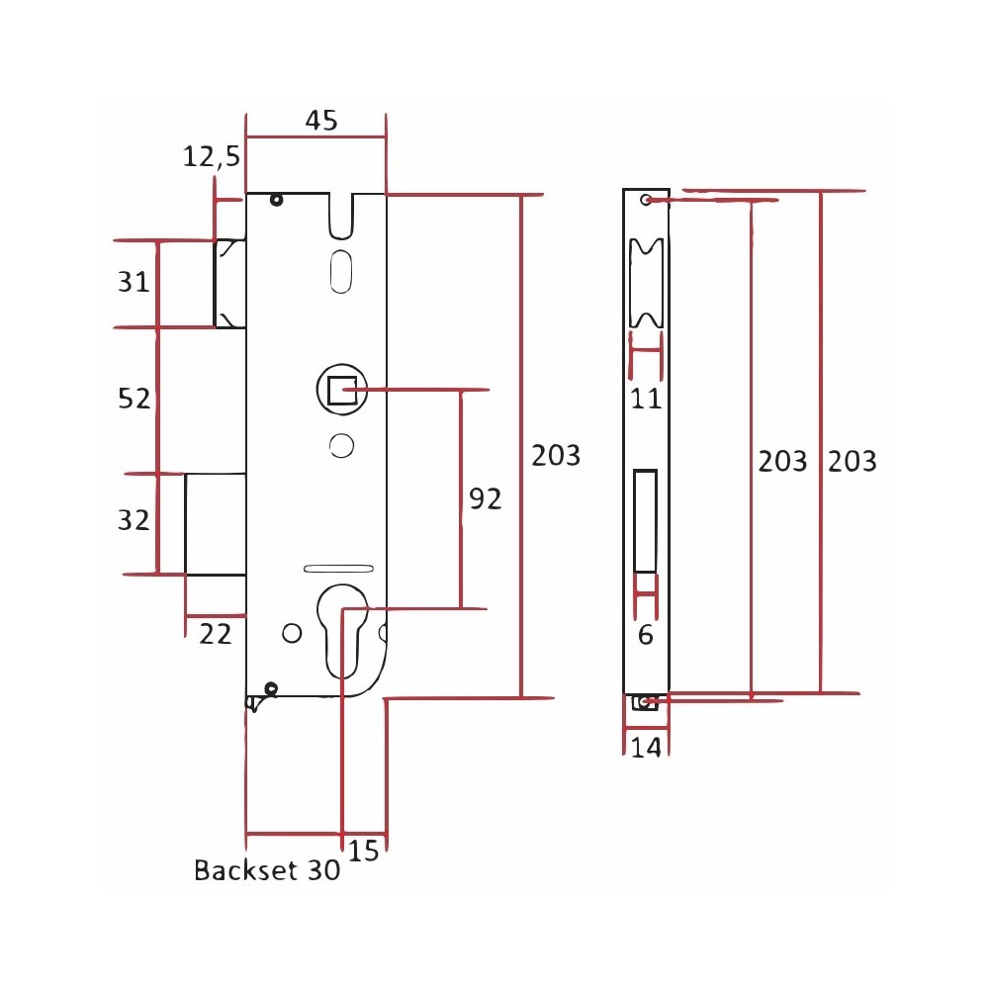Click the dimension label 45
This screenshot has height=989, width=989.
tap(321, 120)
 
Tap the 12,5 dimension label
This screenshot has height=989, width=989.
tap(212, 156)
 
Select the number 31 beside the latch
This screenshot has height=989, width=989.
tap(134, 281)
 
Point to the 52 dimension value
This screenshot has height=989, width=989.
tap(135, 398)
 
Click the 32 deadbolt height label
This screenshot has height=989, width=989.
tap(134, 520)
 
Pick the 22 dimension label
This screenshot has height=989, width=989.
tap(215, 634)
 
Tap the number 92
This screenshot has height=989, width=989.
tap(485, 498)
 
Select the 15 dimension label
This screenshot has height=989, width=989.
tap(363, 851)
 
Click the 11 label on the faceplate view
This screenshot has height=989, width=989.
tap(646, 399)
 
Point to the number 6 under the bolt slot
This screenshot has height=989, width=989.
tap(645, 635)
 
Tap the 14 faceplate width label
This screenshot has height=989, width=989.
tap(646, 748)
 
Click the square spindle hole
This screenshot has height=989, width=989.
tap(342, 391)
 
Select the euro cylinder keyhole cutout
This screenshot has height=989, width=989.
tap(342, 631)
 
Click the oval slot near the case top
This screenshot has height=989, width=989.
tap(341, 271)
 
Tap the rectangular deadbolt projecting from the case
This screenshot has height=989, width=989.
tap(215, 524)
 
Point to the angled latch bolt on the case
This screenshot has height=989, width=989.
tap(229, 284)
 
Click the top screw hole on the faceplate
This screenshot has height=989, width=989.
tap(645, 200)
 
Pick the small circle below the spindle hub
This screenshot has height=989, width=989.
tap(341, 446)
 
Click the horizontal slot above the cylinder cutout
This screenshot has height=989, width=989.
tap(338, 569)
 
